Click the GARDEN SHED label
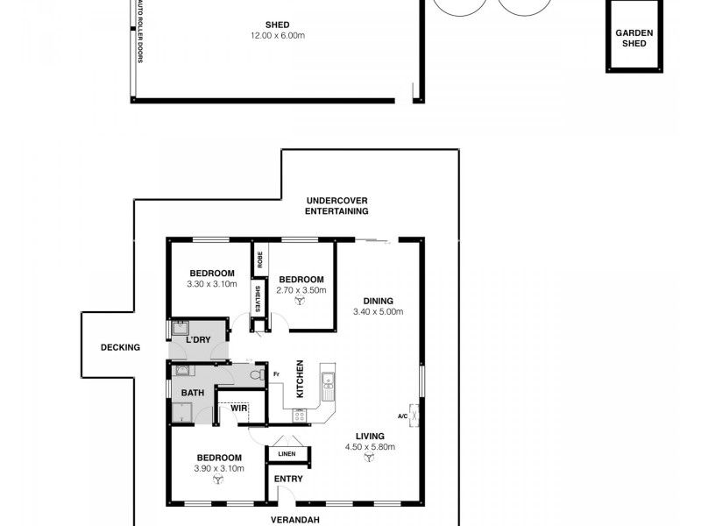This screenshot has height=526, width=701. pos(635,37)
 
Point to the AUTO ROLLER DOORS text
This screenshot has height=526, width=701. pos(139,32)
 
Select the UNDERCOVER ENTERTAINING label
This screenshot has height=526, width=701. pos(336,205)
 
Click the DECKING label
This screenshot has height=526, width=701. pos(120,347)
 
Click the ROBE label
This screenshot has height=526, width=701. pos(259,259)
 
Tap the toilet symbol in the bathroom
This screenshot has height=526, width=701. pos(257,374)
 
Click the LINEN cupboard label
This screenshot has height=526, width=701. pos(287,454)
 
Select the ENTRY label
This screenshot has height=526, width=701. pos(287,479)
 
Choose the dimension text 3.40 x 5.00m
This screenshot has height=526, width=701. pos(377,311)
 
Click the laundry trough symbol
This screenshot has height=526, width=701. pos(179,331)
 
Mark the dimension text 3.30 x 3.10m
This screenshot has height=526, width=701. pos(212,283)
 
